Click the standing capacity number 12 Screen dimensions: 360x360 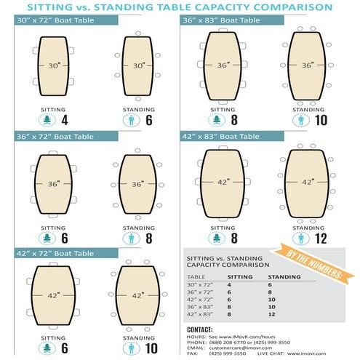321,238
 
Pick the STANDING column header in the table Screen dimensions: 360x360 284,277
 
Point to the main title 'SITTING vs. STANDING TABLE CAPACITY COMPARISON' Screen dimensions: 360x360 180,7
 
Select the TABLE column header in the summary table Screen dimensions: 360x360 196,277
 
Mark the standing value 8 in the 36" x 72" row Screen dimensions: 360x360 271,292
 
